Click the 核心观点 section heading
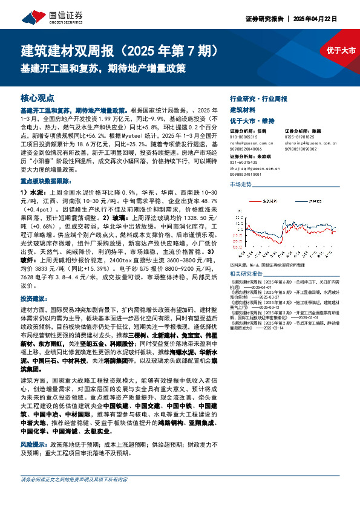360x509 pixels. (38, 97)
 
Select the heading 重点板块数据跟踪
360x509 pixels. (49, 181)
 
